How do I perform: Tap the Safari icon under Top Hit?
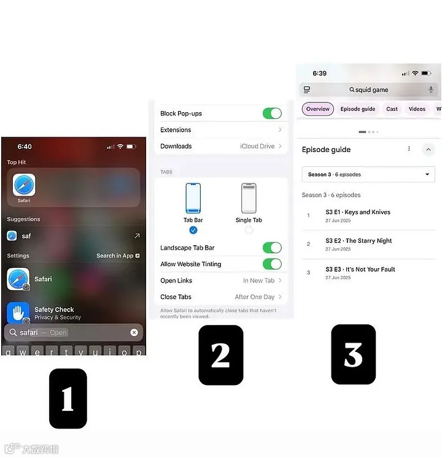click(x=24, y=185)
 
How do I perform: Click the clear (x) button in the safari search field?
click(x=134, y=332)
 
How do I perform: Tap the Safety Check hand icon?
click(x=18, y=313)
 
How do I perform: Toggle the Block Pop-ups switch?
click(x=272, y=113)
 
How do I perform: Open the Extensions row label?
click(x=176, y=130)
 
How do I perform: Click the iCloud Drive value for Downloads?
click(x=257, y=146)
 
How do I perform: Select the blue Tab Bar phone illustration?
click(x=193, y=198)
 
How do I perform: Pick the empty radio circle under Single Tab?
click(x=249, y=230)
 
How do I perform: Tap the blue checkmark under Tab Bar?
click(x=193, y=230)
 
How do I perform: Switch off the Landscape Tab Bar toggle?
click(x=272, y=248)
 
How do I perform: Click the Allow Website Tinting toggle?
click(x=272, y=264)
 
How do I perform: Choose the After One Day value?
click(x=255, y=297)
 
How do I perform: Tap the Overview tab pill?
click(x=317, y=109)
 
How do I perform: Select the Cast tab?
click(x=392, y=109)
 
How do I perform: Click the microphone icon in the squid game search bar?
click(x=430, y=90)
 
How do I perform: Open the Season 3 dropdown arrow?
click(x=427, y=174)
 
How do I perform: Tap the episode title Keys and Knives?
click(x=367, y=212)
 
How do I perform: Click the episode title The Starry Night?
click(x=368, y=241)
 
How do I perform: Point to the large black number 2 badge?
click(x=221, y=355)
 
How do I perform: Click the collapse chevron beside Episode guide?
click(x=428, y=150)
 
